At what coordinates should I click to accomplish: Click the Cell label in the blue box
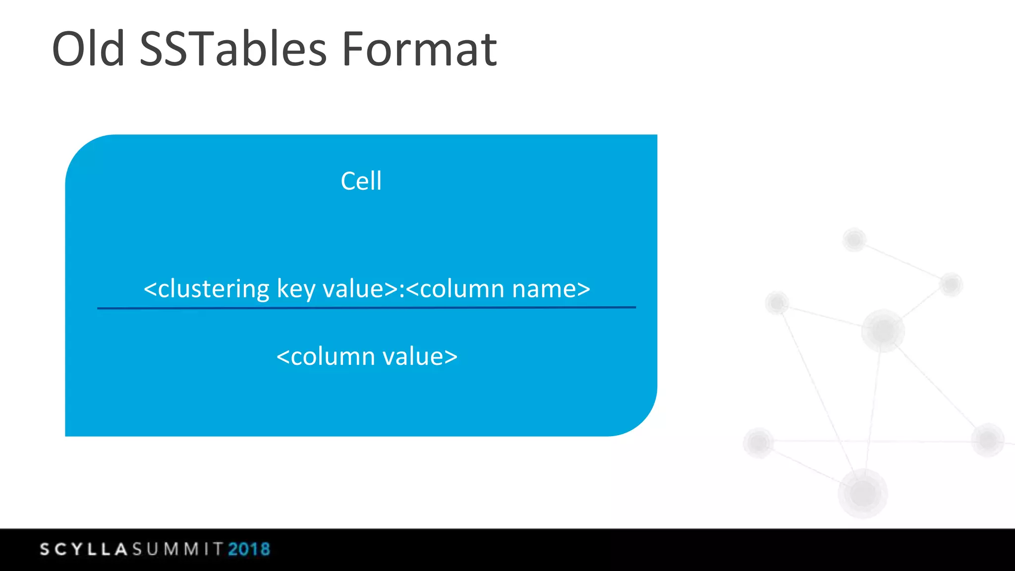[x=361, y=181]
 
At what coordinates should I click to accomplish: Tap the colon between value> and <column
[x=402, y=289]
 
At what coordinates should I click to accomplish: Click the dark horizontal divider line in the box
[x=366, y=308]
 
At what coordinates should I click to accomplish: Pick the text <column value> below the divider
[x=367, y=356]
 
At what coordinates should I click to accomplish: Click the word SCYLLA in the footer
[x=84, y=549]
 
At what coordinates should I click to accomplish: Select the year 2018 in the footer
[x=249, y=549]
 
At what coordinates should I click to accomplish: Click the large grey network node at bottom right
[x=863, y=493]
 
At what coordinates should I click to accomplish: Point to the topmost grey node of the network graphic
[x=854, y=240]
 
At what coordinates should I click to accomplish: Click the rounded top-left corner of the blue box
[x=82, y=151]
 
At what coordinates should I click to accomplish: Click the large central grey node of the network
[x=883, y=330]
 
